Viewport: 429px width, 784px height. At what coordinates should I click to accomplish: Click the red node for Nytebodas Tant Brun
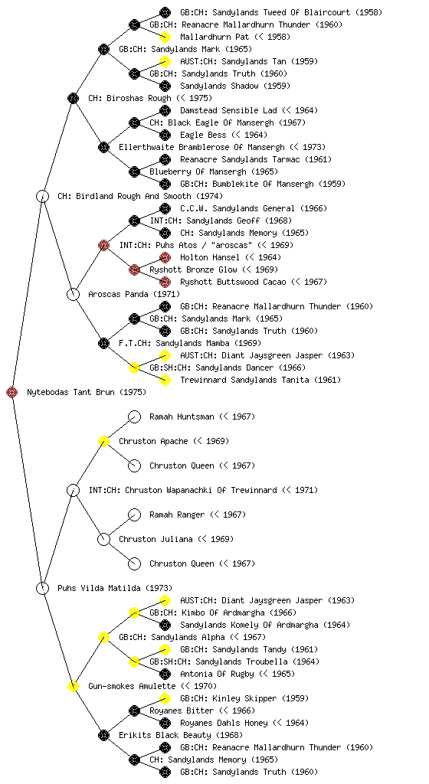pos(12,393)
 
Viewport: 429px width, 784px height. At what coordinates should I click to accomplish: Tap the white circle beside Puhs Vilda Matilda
pos(43,589)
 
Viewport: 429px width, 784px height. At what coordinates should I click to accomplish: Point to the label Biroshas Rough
pos(139,99)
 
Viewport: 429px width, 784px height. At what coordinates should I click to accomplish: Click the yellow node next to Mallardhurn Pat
pos(165,37)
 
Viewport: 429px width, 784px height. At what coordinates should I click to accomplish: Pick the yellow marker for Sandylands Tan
pos(165,61)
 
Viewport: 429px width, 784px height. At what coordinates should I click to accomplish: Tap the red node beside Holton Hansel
pos(165,257)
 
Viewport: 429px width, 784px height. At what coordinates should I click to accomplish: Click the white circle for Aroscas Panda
pos(74,295)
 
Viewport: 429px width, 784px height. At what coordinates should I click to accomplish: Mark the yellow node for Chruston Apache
pos(104,442)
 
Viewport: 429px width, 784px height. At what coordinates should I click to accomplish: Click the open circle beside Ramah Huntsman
pos(135,417)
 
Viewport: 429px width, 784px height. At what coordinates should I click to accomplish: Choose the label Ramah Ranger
pos(177,515)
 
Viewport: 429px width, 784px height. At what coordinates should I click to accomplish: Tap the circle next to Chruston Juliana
pos(104,540)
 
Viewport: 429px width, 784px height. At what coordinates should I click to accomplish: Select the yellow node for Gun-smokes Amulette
pos(74,687)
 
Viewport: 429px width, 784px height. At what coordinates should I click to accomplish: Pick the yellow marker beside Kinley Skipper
pos(165,698)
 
